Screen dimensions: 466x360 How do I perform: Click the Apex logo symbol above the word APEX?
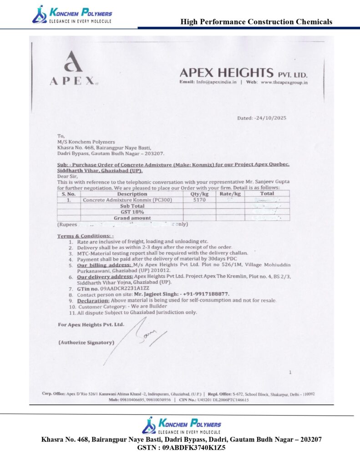point(73,61)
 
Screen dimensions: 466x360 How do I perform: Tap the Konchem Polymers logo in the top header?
point(72,14)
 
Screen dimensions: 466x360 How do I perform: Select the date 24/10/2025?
point(269,118)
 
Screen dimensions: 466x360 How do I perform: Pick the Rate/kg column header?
point(229,194)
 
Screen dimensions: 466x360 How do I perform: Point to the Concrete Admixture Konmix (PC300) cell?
point(127,200)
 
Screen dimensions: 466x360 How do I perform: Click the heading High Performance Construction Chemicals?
point(256,21)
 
